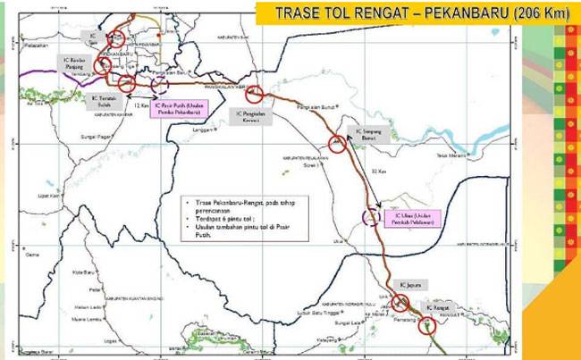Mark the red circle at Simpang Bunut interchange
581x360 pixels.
click(337, 142)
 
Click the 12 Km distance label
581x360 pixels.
click(139, 105)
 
